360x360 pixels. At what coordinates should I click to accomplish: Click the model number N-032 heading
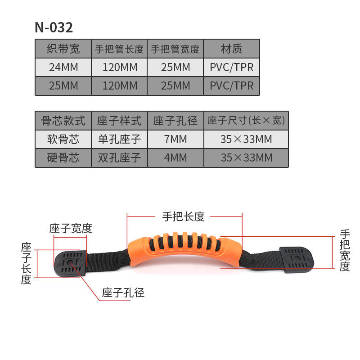coord(54,27)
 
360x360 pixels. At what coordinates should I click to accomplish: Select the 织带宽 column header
coord(63,49)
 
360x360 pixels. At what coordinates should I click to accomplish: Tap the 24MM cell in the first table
coord(63,67)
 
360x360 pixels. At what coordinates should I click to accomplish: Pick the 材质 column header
coord(231,49)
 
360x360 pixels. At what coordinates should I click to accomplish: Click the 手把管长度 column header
coord(119,49)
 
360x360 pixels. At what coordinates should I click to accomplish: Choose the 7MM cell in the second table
coord(175,139)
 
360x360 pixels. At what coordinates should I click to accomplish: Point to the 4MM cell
coord(175,158)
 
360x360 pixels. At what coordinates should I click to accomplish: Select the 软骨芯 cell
coord(63,139)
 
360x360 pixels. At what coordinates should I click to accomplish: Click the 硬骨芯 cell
coord(63,158)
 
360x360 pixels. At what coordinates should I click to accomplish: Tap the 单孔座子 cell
coord(119,139)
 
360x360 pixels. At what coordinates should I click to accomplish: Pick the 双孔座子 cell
coord(119,158)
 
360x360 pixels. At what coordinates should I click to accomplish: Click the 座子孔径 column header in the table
coord(175,121)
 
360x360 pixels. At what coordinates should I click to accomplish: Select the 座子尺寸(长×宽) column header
coord(246,120)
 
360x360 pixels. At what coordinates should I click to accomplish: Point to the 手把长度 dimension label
coord(184,216)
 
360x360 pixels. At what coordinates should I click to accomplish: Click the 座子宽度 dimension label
coord(71,228)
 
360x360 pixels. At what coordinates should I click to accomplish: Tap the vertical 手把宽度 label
coord(345,250)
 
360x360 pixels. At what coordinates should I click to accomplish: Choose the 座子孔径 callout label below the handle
coord(123,293)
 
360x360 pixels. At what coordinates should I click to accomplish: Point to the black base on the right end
coord(297,260)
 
